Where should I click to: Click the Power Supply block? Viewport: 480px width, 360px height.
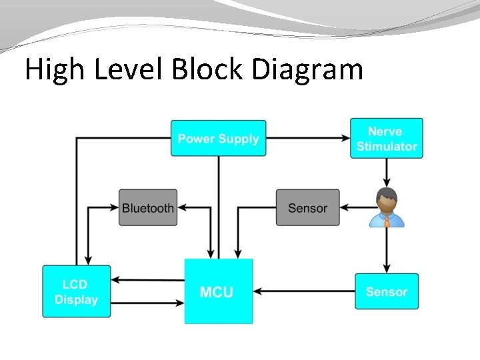(x=218, y=139)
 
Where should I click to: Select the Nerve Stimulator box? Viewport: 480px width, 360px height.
(x=386, y=139)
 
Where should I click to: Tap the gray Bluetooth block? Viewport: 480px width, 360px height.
(x=148, y=208)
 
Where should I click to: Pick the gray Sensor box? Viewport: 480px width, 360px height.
(x=307, y=208)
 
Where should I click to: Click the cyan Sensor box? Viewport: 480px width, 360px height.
(x=386, y=291)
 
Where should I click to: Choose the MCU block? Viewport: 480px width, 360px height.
(x=218, y=291)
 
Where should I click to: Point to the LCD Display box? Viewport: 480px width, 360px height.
(x=76, y=292)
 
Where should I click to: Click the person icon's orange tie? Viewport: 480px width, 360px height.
(x=387, y=220)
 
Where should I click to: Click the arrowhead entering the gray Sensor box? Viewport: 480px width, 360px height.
(x=344, y=208)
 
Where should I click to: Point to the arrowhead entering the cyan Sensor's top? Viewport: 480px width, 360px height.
(x=387, y=269)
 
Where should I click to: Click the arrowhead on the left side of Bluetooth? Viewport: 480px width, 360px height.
(x=115, y=208)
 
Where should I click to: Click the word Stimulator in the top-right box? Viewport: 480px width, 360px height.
(x=387, y=146)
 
